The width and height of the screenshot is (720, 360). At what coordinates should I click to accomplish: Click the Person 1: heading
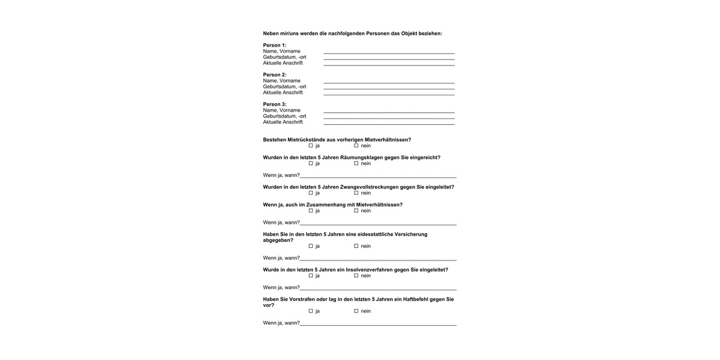(x=275, y=45)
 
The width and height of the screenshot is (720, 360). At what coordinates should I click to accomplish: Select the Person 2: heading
(x=275, y=74)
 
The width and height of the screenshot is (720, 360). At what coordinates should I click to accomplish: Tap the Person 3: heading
(x=275, y=104)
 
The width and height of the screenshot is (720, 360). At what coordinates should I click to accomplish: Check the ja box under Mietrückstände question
(x=311, y=146)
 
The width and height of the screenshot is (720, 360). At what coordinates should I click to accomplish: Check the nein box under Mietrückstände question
(x=356, y=146)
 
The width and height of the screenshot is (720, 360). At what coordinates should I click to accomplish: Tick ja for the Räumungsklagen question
(x=311, y=163)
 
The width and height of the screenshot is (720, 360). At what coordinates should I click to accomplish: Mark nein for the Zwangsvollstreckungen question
(x=356, y=193)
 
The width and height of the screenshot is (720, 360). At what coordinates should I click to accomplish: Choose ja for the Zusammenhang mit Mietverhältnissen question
(x=311, y=211)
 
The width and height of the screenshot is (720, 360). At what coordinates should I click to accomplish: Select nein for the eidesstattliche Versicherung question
(x=356, y=246)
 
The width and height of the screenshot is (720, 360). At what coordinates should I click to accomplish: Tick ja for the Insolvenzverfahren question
(x=311, y=275)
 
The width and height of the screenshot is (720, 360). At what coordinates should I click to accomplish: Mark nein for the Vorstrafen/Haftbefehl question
(x=356, y=311)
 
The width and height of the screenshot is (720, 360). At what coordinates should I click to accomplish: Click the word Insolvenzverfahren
(x=369, y=269)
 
